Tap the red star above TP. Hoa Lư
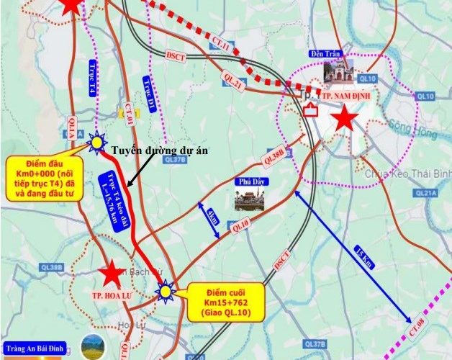[x=112, y=274]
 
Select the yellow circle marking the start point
[x=96, y=144]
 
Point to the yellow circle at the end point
[x=166, y=292]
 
